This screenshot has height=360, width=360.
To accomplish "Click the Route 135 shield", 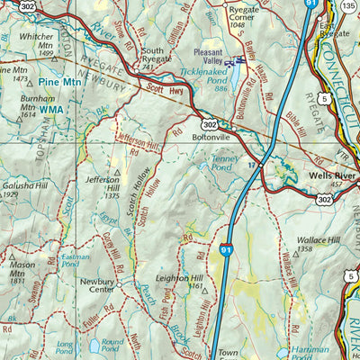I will (348, 7).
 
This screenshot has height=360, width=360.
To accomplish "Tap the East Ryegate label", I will (335, 27).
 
